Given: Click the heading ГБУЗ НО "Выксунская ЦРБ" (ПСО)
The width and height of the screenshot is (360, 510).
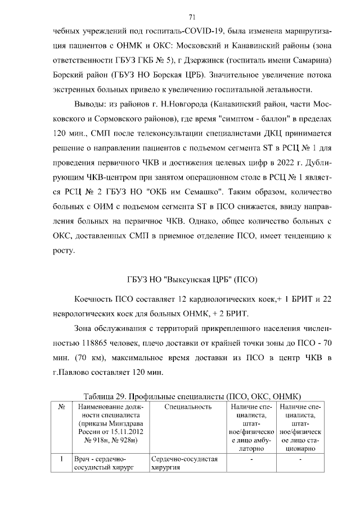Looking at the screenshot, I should (x=192, y=279).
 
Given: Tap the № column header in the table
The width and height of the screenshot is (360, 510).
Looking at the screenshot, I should (x=60, y=406).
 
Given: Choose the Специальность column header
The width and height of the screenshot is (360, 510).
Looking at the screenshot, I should (x=188, y=406).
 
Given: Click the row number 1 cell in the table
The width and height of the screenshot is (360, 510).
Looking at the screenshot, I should (x=60, y=459).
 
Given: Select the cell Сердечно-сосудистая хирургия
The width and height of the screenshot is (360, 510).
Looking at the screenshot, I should (x=184, y=463).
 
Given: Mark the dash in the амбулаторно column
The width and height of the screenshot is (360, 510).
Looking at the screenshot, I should (x=251, y=459).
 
